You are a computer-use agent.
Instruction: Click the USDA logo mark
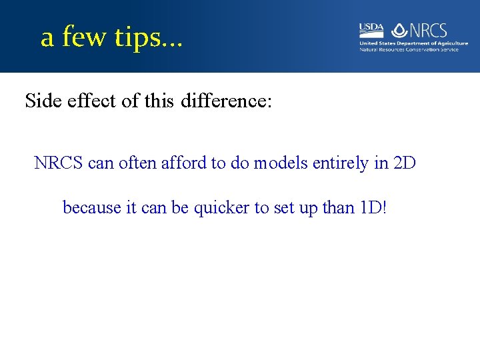tap(371, 29)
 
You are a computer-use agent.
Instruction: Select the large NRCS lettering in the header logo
tap(428, 31)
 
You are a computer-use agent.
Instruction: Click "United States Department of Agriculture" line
tap(413, 43)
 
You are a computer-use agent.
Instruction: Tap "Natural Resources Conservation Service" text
tap(409, 49)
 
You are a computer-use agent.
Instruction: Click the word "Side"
tap(40, 101)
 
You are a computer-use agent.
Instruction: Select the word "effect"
tap(83, 101)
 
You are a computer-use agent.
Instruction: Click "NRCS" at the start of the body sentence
tap(58, 163)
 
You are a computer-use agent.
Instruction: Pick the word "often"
tap(138, 163)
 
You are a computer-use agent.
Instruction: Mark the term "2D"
tap(404, 163)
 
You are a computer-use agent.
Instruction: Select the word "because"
tap(92, 207)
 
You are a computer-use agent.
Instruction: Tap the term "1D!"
tap(373, 207)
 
